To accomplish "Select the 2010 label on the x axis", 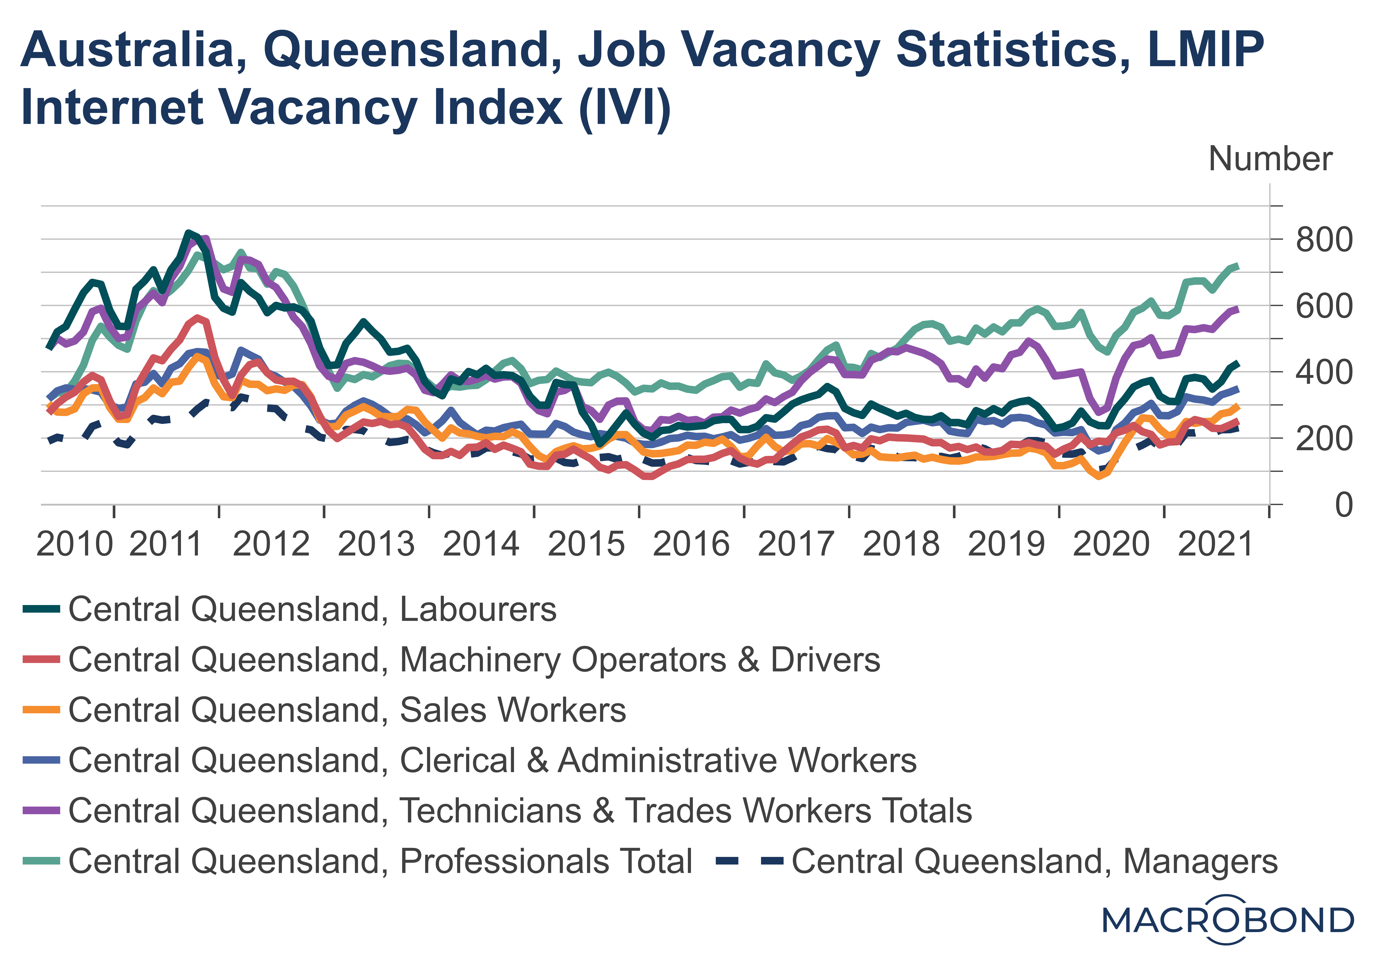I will [x=74, y=544].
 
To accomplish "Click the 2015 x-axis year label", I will [x=586, y=544].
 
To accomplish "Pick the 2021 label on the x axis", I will [x=1216, y=544].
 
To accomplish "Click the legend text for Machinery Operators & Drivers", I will [x=474, y=660].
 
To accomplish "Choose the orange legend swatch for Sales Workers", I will [x=41, y=710].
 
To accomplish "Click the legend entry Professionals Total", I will [x=380, y=861].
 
